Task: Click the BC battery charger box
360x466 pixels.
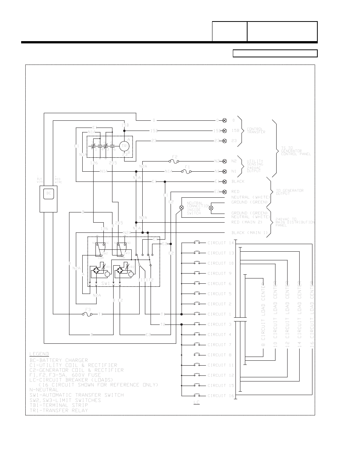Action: point(48,194)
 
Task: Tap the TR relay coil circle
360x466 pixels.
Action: point(124,146)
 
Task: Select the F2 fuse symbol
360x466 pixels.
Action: point(175,161)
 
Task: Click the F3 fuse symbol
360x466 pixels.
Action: point(88,314)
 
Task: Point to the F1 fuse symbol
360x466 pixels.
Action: point(187,171)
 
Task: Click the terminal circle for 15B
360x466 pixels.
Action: point(225,131)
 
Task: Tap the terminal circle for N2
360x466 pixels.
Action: point(225,161)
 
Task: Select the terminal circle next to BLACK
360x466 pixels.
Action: point(225,181)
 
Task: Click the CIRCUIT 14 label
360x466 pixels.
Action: point(221,243)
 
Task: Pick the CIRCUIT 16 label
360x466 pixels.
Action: point(221,395)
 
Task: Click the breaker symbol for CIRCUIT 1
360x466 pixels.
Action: point(197,314)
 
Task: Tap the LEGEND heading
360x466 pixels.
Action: point(39,354)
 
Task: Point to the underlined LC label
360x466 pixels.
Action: point(197,403)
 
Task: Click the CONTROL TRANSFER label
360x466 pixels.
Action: point(256,131)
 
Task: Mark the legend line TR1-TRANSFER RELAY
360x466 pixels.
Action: point(58,410)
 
